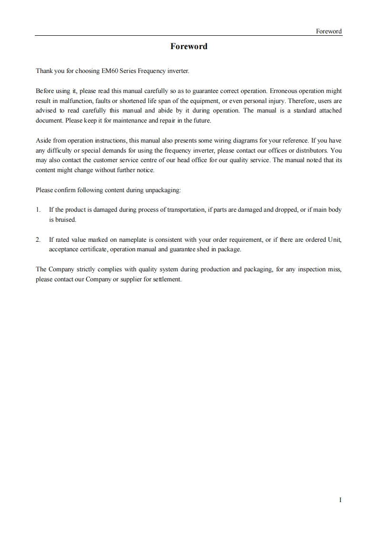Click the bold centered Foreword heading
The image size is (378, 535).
tap(189, 46)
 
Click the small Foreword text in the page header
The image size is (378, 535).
tap(329, 31)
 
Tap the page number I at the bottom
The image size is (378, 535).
tap(340, 500)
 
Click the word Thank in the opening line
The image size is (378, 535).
tap(44, 71)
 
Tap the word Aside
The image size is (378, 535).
tap(43, 141)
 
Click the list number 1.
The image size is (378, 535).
tap(38, 210)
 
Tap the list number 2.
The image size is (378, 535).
tap(38, 239)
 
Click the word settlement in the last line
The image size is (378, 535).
tap(166, 279)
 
